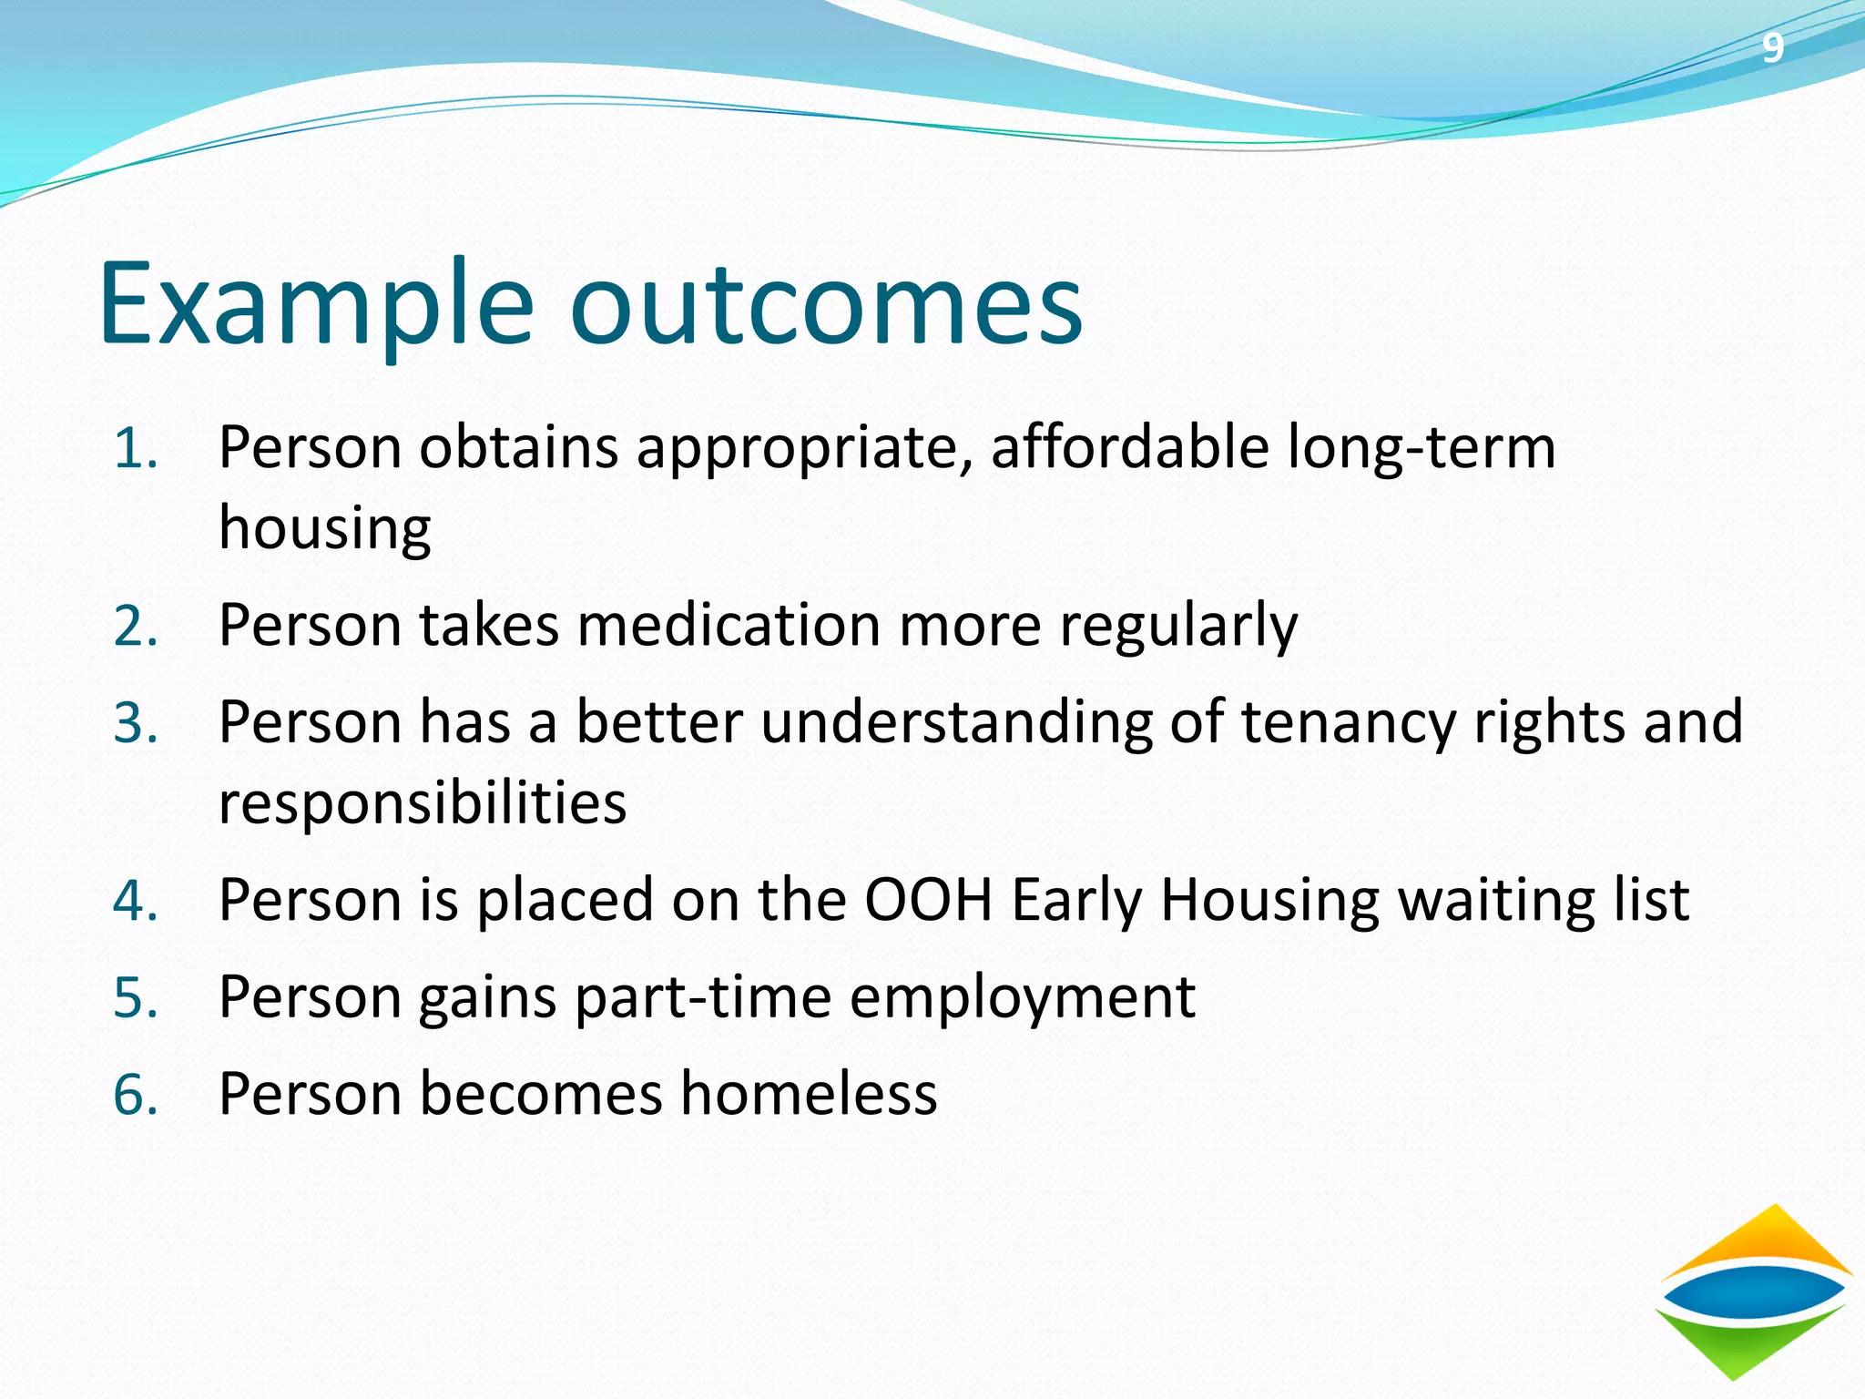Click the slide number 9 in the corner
point(1771,47)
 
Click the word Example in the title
point(314,305)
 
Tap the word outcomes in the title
point(826,305)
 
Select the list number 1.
point(135,450)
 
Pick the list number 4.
point(135,902)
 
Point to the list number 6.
point(135,1095)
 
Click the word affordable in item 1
point(1129,448)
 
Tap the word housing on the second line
point(324,530)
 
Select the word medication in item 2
point(729,627)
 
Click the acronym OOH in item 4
point(927,900)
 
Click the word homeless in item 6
point(809,1094)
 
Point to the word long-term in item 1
point(1422,450)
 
